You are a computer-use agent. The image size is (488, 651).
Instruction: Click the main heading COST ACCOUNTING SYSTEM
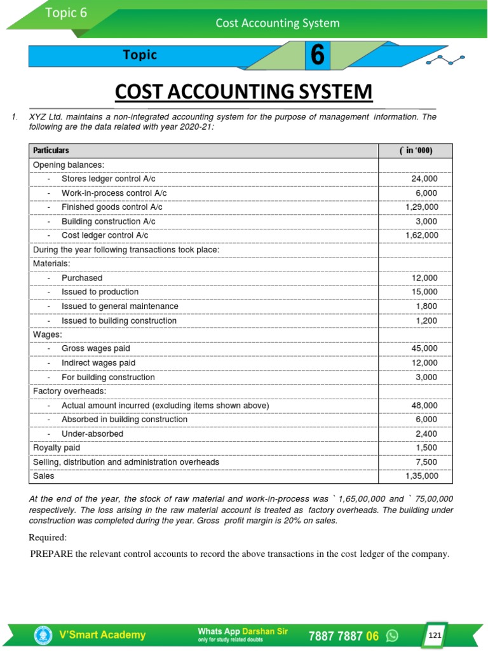click(x=243, y=92)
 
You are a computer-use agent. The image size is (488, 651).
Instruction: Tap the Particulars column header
click(x=51, y=151)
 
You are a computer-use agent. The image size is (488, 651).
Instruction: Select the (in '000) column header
click(x=416, y=151)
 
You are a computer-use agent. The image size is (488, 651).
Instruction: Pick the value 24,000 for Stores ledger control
click(x=424, y=179)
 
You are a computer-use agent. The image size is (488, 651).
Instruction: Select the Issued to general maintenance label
click(x=119, y=306)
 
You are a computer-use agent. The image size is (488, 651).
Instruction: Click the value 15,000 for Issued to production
click(x=424, y=292)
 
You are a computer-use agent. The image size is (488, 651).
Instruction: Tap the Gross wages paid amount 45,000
click(x=424, y=348)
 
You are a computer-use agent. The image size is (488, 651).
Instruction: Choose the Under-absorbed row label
click(x=92, y=434)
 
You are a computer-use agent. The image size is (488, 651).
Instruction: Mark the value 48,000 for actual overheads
click(x=424, y=405)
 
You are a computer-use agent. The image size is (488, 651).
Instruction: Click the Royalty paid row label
click(x=57, y=448)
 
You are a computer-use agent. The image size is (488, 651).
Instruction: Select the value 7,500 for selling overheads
click(x=427, y=462)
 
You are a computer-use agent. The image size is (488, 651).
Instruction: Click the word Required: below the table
click(x=48, y=537)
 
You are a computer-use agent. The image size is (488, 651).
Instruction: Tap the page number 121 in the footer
click(x=434, y=635)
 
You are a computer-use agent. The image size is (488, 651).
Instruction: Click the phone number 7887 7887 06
click(x=344, y=636)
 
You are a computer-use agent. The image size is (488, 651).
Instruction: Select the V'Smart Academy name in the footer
click(x=102, y=634)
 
